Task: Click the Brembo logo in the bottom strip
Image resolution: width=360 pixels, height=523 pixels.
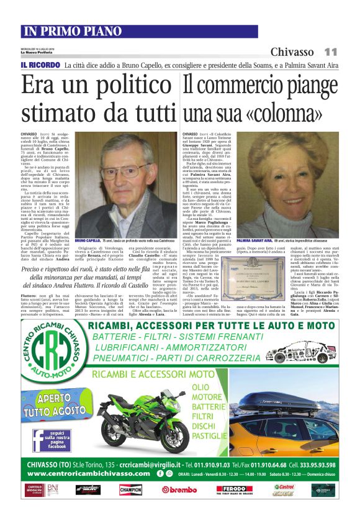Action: click(x=179, y=489)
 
